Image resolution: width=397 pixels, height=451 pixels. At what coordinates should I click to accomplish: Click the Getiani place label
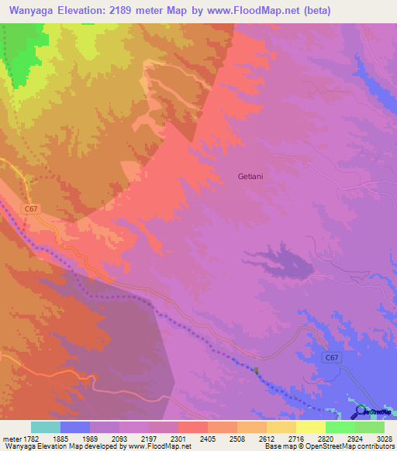tap(252, 177)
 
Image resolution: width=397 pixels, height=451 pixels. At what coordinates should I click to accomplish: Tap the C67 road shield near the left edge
tap(31, 208)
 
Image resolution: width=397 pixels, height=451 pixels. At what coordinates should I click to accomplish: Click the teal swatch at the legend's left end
tap(46, 427)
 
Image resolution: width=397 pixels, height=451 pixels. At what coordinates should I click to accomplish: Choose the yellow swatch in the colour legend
tap(310, 427)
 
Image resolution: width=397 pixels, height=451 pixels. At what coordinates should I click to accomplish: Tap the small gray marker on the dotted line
tap(257, 370)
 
